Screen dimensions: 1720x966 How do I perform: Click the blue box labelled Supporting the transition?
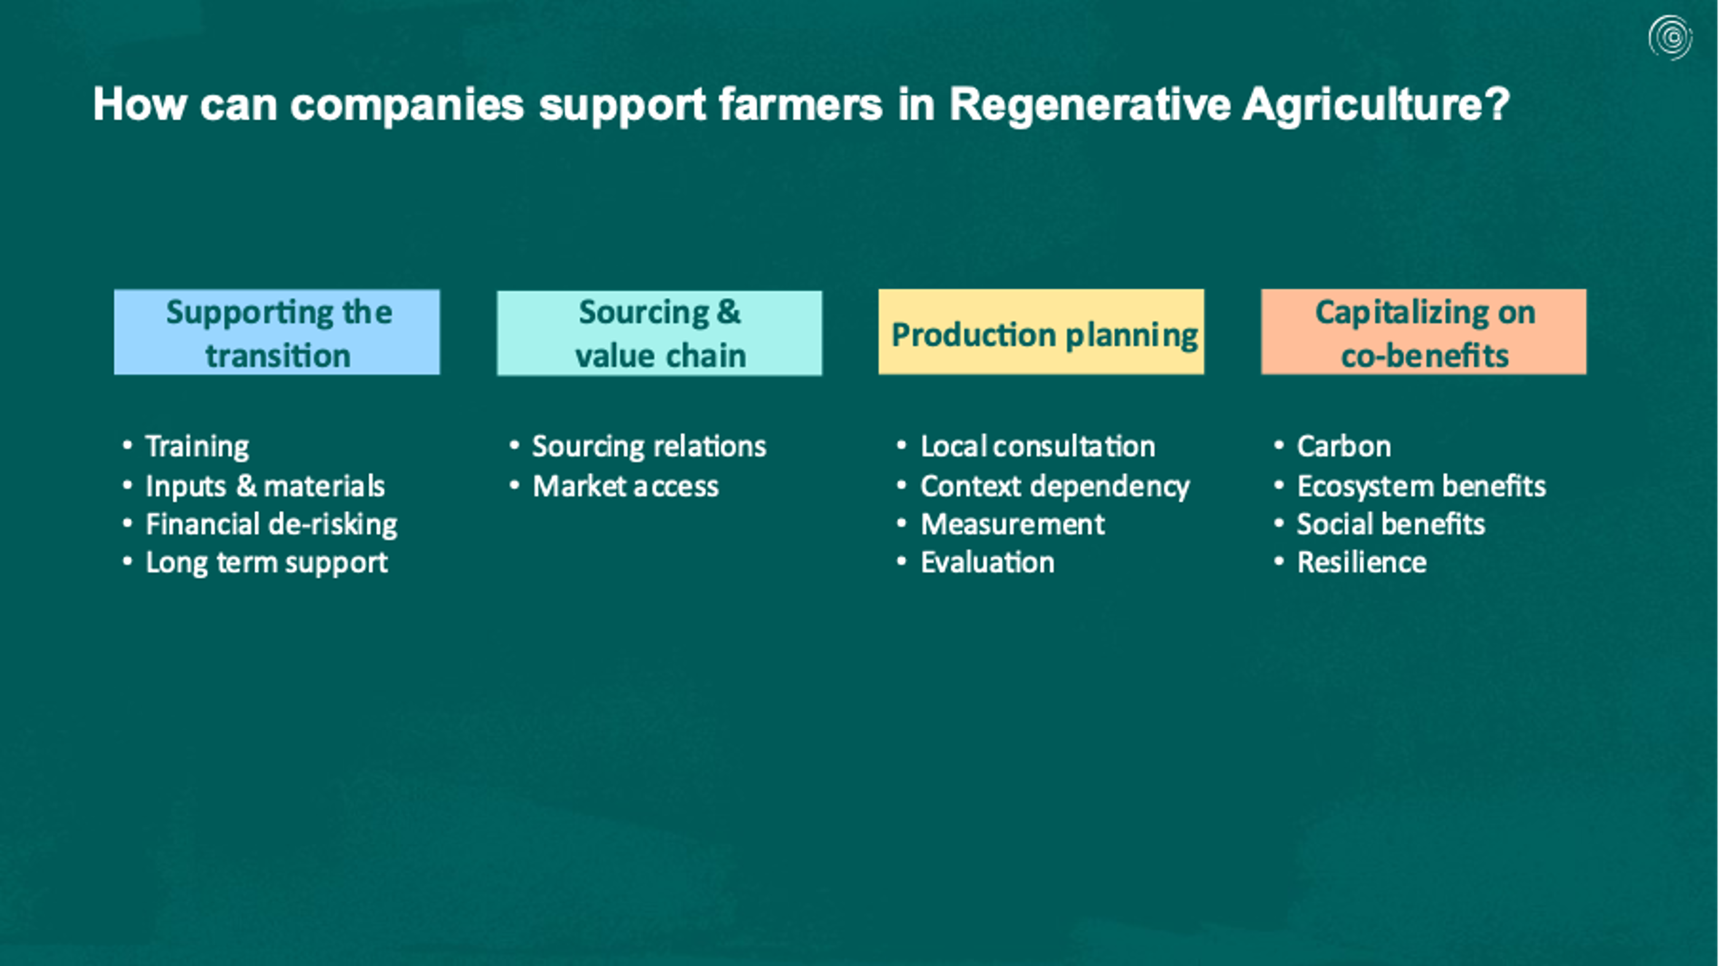pyautogui.click(x=277, y=332)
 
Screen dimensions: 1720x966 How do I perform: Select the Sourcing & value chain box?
pyautogui.click(x=660, y=333)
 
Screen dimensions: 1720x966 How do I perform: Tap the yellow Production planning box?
pyautogui.click(x=1042, y=332)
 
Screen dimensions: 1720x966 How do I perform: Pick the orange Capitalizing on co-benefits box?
pyautogui.click(x=1424, y=332)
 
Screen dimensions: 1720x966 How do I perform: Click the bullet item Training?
pyautogui.click(x=197, y=447)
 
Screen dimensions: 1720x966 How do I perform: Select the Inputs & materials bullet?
pyautogui.click(x=265, y=486)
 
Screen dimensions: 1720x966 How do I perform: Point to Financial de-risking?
pyautogui.click(x=271, y=525)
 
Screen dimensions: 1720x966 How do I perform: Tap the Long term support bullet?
pyautogui.click(x=266, y=563)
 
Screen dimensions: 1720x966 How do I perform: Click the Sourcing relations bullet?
pyautogui.click(x=649, y=447)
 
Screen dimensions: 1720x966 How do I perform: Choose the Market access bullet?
pyautogui.click(x=626, y=486)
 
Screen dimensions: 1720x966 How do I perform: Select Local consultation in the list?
pyautogui.click(x=1037, y=446)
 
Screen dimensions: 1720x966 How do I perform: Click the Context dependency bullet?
pyautogui.click(x=1055, y=487)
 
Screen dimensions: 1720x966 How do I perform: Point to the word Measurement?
pyautogui.click(x=1012, y=524)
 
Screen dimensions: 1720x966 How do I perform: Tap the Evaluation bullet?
pyautogui.click(x=988, y=562)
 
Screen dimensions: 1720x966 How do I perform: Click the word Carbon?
pyautogui.click(x=1344, y=446)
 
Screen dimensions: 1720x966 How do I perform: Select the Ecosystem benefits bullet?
pyautogui.click(x=1422, y=486)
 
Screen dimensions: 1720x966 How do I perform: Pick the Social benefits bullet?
pyautogui.click(x=1391, y=524)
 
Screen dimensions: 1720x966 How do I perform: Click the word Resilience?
pyautogui.click(x=1362, y=562)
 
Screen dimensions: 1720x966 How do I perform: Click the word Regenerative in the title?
pyautogui.click(x=1090, y=106)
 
